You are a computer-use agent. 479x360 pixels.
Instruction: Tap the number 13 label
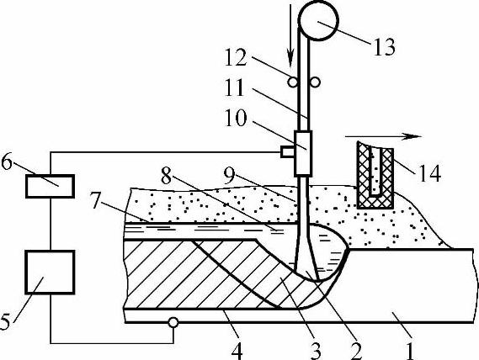(x=385, y=47)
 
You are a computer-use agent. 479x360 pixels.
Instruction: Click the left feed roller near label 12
(x=293, y=82)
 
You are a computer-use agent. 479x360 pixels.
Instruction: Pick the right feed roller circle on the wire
(x=315, y=82)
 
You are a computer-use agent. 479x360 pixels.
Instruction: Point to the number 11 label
(x=235, y=87)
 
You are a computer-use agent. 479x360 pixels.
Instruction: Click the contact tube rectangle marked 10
(x=303, y=154)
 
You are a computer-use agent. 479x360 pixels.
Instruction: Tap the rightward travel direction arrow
(x=384, y=137)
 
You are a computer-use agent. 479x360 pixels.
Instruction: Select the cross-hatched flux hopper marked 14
(x=375, y=175)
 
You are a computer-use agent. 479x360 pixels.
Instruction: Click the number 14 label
(x=430, y=173)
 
